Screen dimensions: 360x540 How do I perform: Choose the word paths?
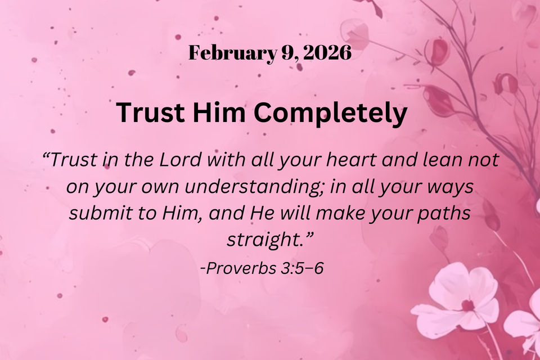point(442,214)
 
